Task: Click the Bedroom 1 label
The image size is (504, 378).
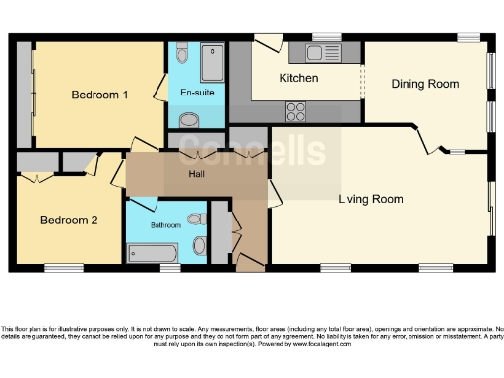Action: pyautogui.click(x=100, y=95)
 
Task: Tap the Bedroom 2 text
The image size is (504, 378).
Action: pyautogui.click(x=68, y=220)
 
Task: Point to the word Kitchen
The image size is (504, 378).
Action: pyautogui.click(x=297, y=78)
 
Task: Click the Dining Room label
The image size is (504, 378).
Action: pyautogui.click(x=425, y=84)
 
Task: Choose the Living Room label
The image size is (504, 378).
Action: pyautogui.click(x=370, y=199)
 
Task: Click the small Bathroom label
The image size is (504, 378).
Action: pyautogui.click(x=165, y=225)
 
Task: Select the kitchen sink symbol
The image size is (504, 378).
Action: pyautogui.click(x=321, y=53)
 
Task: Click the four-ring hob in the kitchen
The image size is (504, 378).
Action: pyautogui.click(x=295, y=111)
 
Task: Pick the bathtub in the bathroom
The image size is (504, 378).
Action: pyautogui.click(x=152, y=253)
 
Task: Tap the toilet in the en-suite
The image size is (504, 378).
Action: pyautogui.click(x=183, y=56)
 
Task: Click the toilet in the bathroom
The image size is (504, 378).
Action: pyautogui.click(x=195, y=220)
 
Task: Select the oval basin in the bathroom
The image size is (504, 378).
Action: pyautogui.click(x=200, y=245)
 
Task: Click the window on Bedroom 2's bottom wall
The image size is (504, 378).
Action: pyautogui.click(x=64, y=267)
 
